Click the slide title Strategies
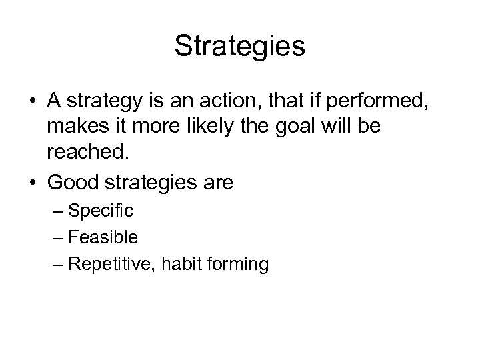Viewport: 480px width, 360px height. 239,47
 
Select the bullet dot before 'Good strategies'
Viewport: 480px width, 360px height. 32,181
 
